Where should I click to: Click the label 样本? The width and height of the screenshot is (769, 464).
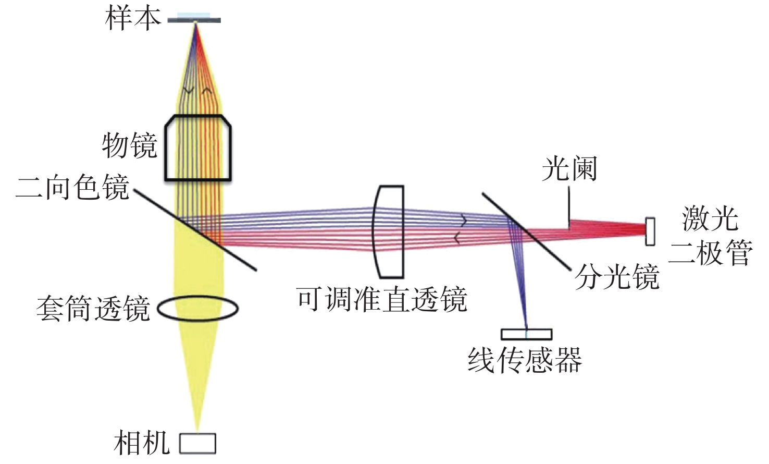(133, 18)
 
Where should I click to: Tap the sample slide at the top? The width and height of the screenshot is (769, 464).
(194, 20)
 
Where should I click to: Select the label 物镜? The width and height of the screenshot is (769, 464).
(129, 145)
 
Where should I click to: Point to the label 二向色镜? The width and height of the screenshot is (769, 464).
(72, 187)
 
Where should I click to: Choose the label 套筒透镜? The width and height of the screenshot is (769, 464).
(93, 309)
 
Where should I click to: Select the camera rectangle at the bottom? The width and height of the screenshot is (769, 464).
(197, 443)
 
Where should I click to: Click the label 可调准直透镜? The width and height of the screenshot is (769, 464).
(382, 299)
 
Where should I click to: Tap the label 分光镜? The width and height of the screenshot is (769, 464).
(617, 276)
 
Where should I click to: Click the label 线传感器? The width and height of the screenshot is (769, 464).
(524, 360)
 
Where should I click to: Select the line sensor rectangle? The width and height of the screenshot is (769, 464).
(526, 334)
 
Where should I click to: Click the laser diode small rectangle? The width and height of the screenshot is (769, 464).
(650, 231)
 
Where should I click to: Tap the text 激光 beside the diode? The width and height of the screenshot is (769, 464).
(710, 219)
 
